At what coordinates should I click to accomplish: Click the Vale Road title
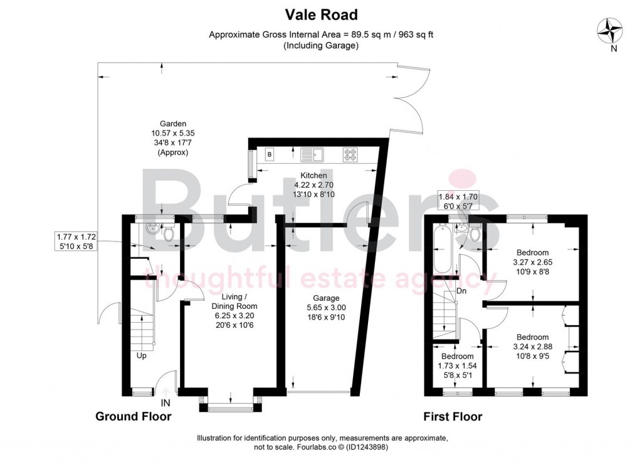click(320, 14)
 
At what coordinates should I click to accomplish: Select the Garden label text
click(173, 124)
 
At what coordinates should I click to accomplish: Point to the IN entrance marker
click(166, 402)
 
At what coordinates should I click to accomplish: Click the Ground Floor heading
click(133, 416)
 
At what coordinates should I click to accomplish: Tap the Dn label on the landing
click(461, 291)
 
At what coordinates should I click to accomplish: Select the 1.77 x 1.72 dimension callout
click(75, 242)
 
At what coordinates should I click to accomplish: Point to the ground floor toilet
click(168, 234)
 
